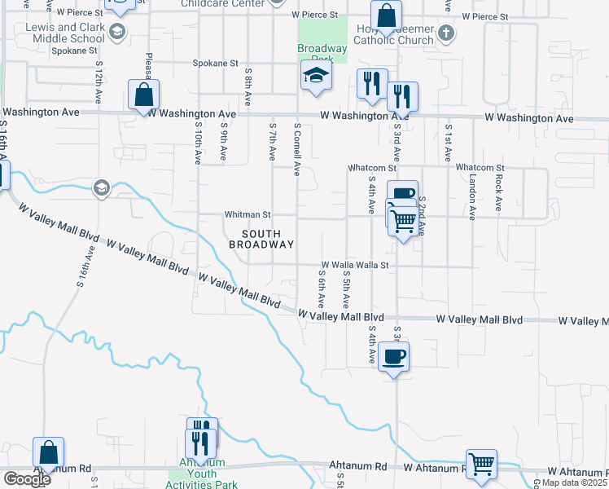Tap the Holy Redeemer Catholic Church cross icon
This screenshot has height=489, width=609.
445,33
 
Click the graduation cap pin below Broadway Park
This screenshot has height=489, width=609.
316,77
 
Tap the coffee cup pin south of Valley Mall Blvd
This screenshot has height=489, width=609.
394,356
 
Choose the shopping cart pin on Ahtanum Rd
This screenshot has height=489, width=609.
481,464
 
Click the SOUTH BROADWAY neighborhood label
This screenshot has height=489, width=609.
261,240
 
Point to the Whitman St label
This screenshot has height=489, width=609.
248,215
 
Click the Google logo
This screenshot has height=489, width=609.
27,479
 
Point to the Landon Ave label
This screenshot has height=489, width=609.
472,200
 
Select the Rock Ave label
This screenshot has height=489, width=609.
498,193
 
